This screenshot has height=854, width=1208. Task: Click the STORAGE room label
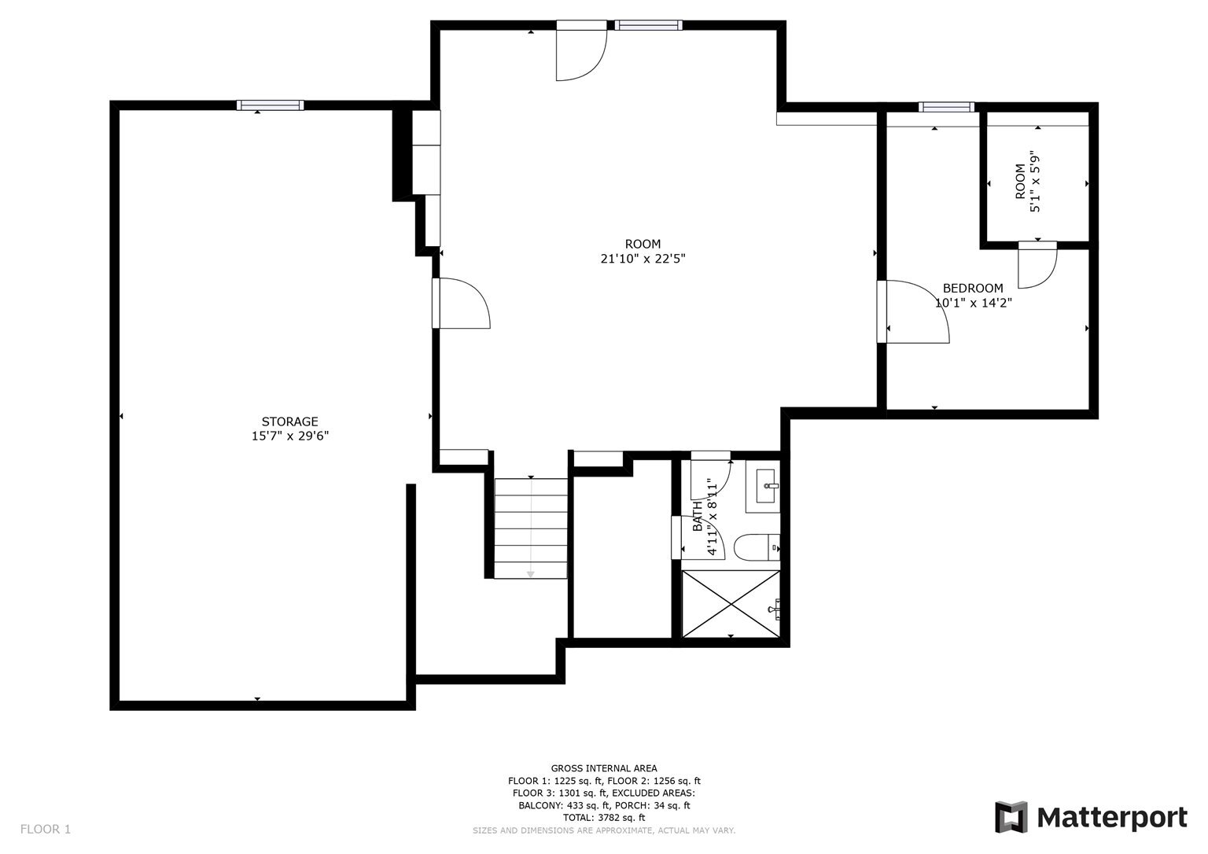[289, 421]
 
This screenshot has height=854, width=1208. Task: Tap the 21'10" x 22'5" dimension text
[643, 259]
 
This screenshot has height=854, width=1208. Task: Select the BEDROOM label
[973, 288]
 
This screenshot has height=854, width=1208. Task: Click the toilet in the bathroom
[756, 547]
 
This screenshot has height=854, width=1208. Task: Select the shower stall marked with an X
[731, 603]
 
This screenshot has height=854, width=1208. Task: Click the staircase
[531, 528]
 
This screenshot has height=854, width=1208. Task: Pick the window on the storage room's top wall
[270, 105]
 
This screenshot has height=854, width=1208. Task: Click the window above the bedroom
[946, 107]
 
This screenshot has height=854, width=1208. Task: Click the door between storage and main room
[462, 303]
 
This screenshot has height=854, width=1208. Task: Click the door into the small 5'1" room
[1037, 266]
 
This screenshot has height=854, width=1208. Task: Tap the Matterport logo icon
[1011, 817]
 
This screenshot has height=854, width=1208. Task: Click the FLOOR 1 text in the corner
[45, 829]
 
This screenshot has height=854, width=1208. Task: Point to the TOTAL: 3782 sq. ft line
[603, 818]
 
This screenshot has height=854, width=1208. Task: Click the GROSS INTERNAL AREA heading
[603, 768]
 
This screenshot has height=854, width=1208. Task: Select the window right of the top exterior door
[648, 25]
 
